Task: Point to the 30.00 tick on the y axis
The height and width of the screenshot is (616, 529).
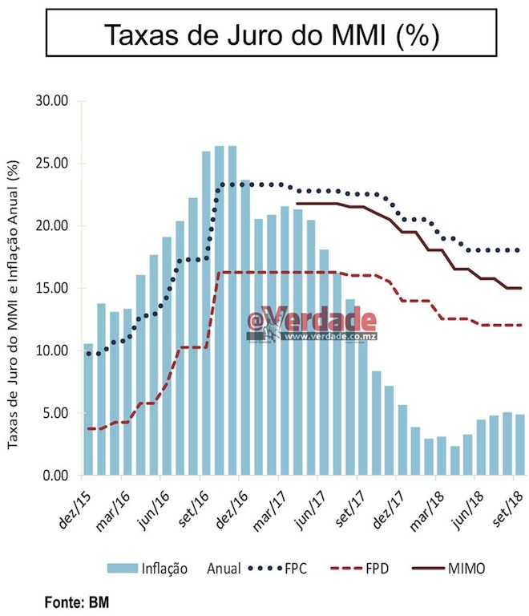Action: (x=55, y=101)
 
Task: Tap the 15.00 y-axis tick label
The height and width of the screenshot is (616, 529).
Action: (x=55, y=288)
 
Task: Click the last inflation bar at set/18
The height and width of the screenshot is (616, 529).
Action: (x=519, y=444)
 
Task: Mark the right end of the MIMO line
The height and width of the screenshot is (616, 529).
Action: (x=521, y=288)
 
